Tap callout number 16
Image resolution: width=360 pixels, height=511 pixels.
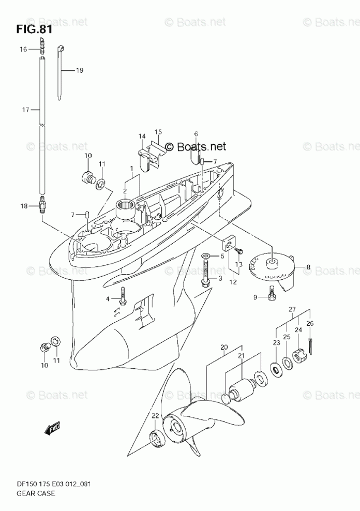coord(23,50)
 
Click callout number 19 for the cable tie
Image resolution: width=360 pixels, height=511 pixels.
coord(79,70)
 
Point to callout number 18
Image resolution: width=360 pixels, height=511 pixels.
coord(23,206)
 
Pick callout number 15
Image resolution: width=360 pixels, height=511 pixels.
coord(158,132)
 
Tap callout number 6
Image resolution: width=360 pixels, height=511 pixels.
coord(196,134)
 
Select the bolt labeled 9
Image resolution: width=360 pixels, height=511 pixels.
coord(273,295)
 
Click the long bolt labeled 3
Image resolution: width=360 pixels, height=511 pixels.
coord(206,272)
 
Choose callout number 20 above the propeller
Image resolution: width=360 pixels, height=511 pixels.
coord(224,348)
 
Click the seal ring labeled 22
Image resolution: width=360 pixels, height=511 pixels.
coord(155,437)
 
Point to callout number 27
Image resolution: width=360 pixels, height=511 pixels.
coord(292,310)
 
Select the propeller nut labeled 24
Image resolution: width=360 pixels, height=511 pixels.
coord(298,356)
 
